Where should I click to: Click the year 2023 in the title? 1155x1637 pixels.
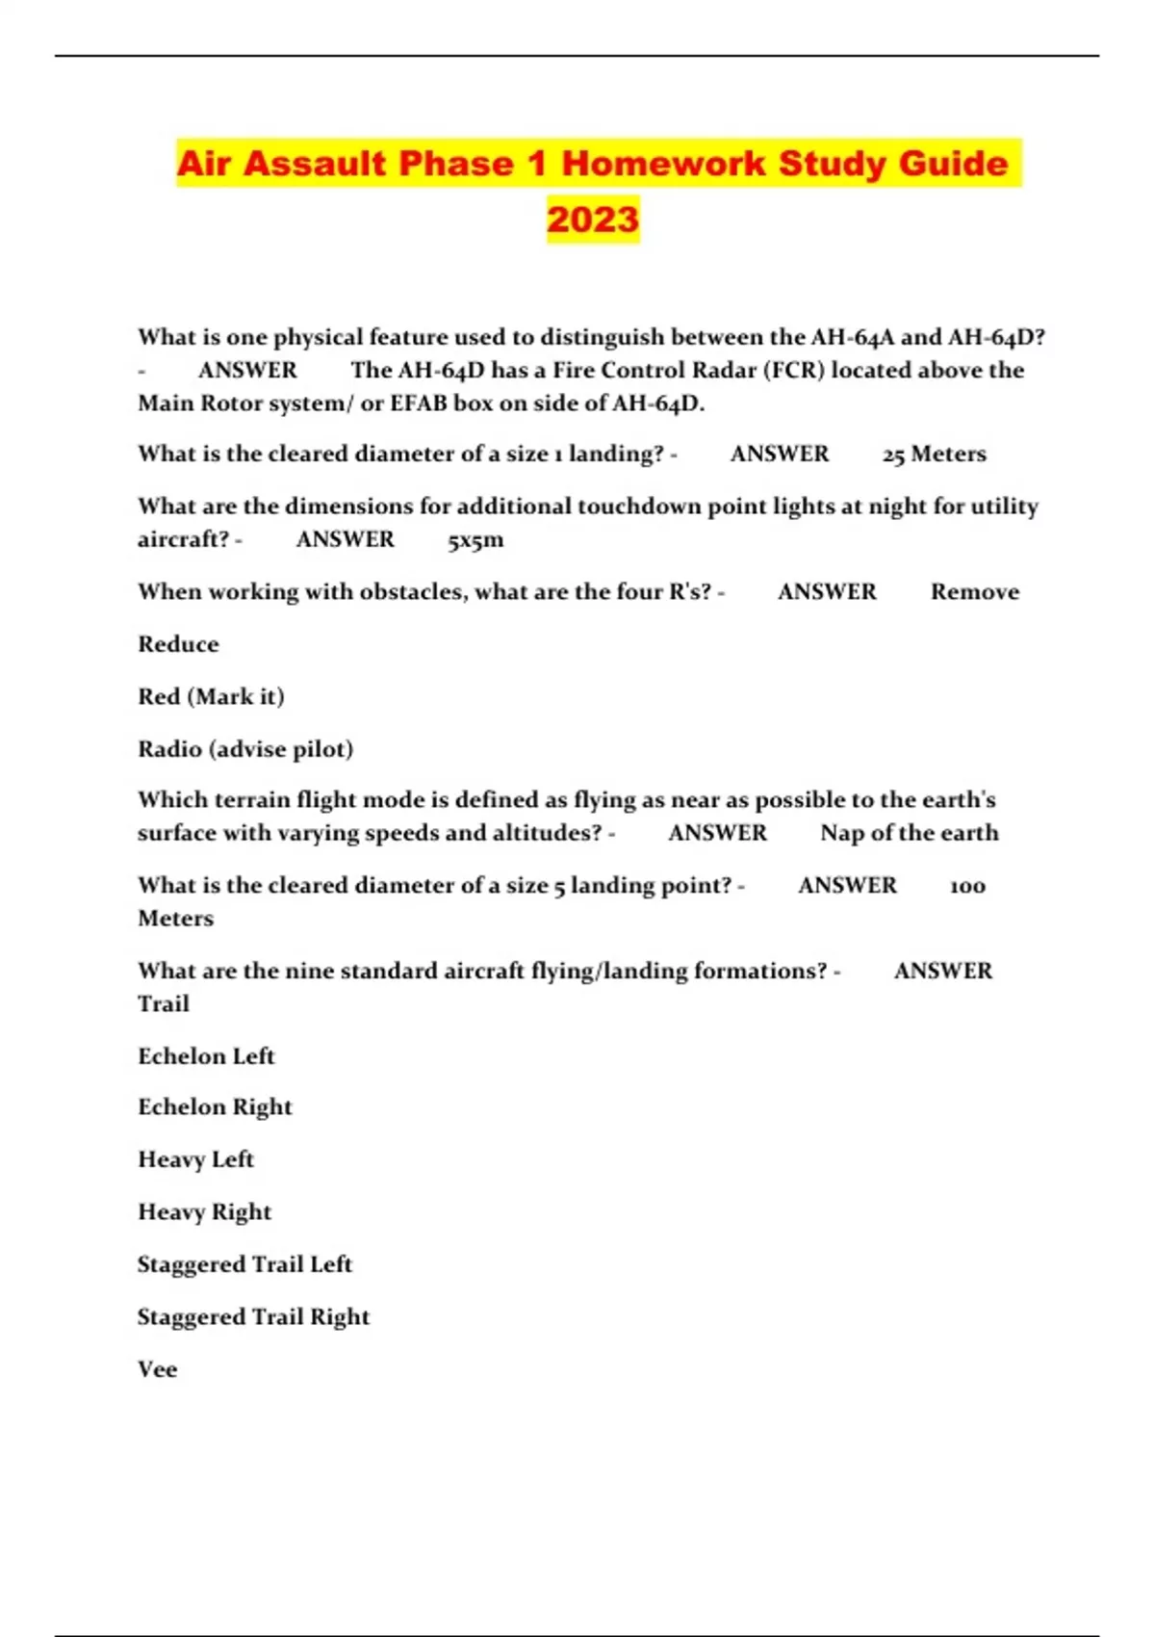click(593, 219)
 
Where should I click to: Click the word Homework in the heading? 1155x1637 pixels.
click(662, 163)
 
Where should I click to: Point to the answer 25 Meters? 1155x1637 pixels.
click(934, 454)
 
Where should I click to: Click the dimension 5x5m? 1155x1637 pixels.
click(475, 539)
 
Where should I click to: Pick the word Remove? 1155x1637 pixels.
click(974, 591)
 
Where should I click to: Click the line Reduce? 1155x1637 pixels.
click(178, 643)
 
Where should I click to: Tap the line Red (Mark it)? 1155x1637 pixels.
click(211, 696)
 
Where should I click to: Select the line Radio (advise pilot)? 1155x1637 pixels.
click(245, 748)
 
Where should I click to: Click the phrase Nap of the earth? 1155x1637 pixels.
click(909, 833)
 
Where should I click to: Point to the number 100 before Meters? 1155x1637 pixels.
click(967, 886)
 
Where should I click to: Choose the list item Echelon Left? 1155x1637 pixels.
click(206, 1055)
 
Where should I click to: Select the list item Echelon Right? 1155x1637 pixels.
click(215, 1107)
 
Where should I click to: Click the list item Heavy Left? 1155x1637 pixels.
click(195, 1159)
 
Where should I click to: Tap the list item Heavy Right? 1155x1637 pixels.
click(204, 1211)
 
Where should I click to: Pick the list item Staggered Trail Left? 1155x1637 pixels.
click(244, 1263)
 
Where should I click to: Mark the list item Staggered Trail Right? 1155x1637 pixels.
click(253, 1316)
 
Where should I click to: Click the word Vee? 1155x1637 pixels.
click(157, 1368)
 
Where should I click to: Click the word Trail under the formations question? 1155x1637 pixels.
click(164, 1003)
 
